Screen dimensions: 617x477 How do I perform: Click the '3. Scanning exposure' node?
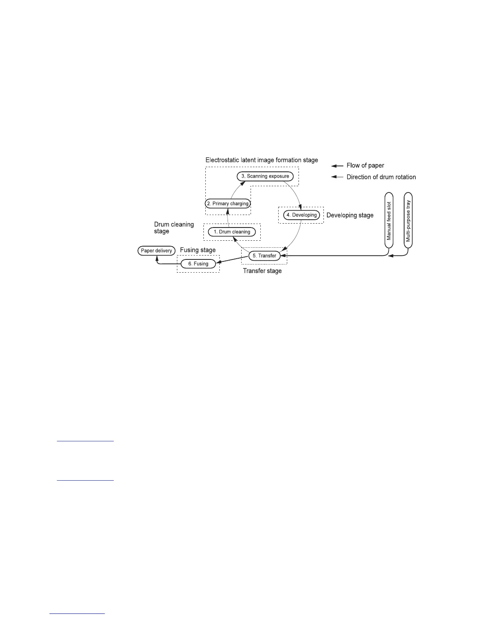(265, 176)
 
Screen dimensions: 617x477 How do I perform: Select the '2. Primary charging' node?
(228, 203)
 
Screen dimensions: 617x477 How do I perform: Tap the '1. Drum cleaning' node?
(231, 232)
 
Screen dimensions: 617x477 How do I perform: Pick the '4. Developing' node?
(302, 215)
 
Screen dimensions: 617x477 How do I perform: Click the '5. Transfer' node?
(264, 256)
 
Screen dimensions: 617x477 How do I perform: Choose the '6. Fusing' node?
(198, 264)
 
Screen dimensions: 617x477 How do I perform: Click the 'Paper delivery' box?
(156, 250)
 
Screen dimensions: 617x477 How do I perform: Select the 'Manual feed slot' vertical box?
(389, 220)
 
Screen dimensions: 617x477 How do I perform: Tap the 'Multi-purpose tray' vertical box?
(408, 220)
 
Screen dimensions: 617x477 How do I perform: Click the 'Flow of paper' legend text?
(365, 166)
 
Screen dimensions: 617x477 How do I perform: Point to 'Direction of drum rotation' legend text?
(381, 177)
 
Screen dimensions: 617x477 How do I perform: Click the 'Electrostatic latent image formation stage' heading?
(261, 160)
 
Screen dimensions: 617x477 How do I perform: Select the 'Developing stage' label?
(350, 215)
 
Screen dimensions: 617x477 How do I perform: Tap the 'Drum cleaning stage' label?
(174, 228)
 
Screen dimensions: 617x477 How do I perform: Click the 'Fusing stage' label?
(198, 250)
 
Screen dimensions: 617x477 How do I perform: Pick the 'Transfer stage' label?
(262, 271)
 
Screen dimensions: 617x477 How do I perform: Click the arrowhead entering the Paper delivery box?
(157, 257)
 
